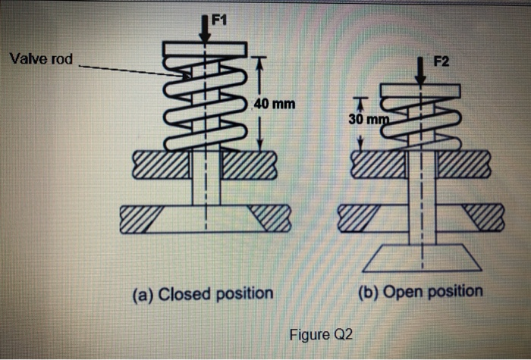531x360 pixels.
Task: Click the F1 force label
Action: click(x=218, y=20)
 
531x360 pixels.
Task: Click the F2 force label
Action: click(x=441, y=61)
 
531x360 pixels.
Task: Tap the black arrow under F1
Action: click(x=205, y=29)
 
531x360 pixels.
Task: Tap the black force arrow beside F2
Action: click(x=420, y=70)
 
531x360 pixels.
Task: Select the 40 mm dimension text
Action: click(x=275, y=104)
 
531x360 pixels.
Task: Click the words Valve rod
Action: click(x=41, y=59)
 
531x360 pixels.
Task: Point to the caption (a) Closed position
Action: click(x=203, y=294)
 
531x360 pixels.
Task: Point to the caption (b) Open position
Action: click(x=420, y=292)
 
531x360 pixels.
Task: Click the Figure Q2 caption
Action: click(x=321, y=334)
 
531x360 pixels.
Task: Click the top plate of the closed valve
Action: click(x=204, y=49)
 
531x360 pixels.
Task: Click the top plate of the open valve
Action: click(x=420, y=91)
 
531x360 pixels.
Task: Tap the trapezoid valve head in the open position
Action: click(x=422, y=258)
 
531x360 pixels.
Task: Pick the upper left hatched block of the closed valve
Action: click(x=161, y=164)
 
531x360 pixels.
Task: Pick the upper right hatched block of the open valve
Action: click(x=464, y=164)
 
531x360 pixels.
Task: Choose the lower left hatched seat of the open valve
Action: click(x=358, y=218)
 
